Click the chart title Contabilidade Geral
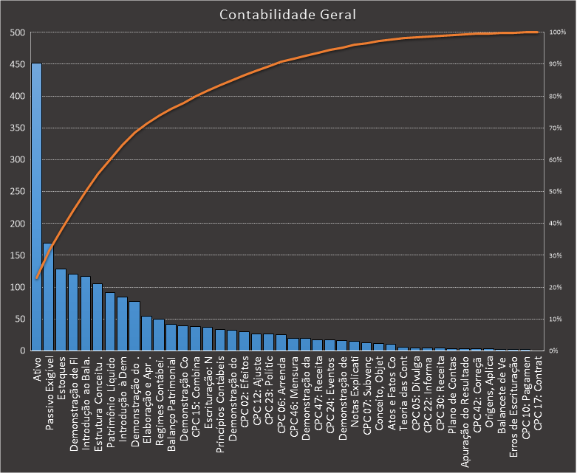point(288,15)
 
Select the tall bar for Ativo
point(36,207)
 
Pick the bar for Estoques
point(61,310)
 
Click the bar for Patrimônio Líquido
point(109,322)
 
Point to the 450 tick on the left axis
point(16,64)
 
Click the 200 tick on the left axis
point(16,224)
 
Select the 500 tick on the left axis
point(16,32)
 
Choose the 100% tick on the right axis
point(558,32)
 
